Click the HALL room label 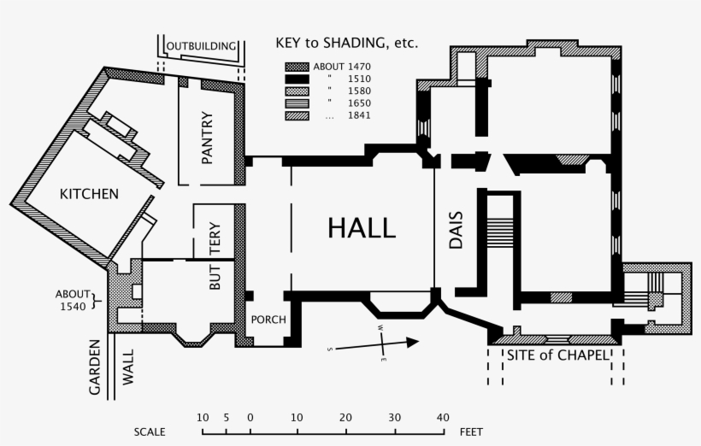point(362,228)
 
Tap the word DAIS point(455,230)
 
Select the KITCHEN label point(88,194)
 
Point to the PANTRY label point(207,138)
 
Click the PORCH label point(268,320)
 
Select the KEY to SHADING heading point(346,43)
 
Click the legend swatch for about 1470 point(296,67)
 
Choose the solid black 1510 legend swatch point(296,79)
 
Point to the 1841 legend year point(359,115)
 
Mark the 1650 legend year point(359,103)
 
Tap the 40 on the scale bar point(442,418)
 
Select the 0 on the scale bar point(250,418)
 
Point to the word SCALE point(149,432)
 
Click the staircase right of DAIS point(499,231)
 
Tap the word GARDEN point(95,367)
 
